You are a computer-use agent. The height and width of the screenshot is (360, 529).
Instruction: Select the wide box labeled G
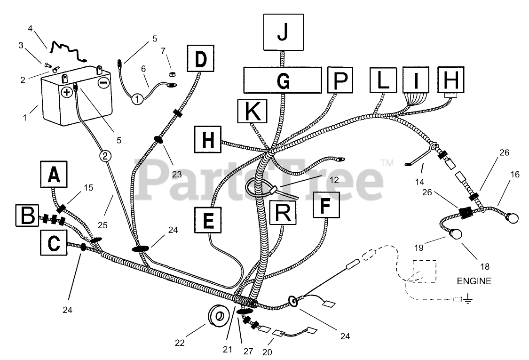point(282,80)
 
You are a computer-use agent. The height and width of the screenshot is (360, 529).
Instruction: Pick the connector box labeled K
point(252,112)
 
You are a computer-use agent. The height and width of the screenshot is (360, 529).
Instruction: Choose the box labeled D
point(201,59)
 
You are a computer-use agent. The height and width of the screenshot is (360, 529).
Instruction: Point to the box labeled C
point(55,243)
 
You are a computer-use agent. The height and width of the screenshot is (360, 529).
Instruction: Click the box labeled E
point(209,220)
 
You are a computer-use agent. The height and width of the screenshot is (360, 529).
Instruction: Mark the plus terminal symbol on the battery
point(67,91)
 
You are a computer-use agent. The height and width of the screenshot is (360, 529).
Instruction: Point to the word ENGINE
point(474,281)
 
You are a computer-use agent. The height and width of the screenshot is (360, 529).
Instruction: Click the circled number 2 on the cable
point(105,155)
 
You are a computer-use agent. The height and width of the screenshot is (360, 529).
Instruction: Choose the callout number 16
point(515,175)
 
